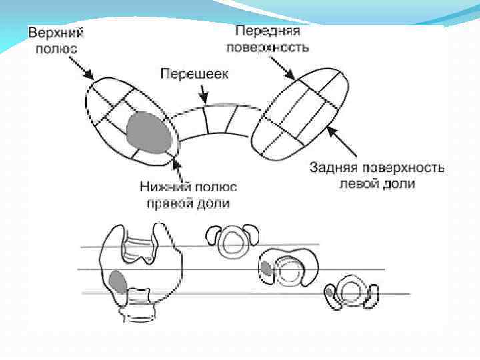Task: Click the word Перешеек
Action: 193,73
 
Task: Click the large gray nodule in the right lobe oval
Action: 148,132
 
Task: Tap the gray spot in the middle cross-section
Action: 266,268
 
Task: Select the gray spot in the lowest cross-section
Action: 329,292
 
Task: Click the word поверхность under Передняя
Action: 267,47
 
